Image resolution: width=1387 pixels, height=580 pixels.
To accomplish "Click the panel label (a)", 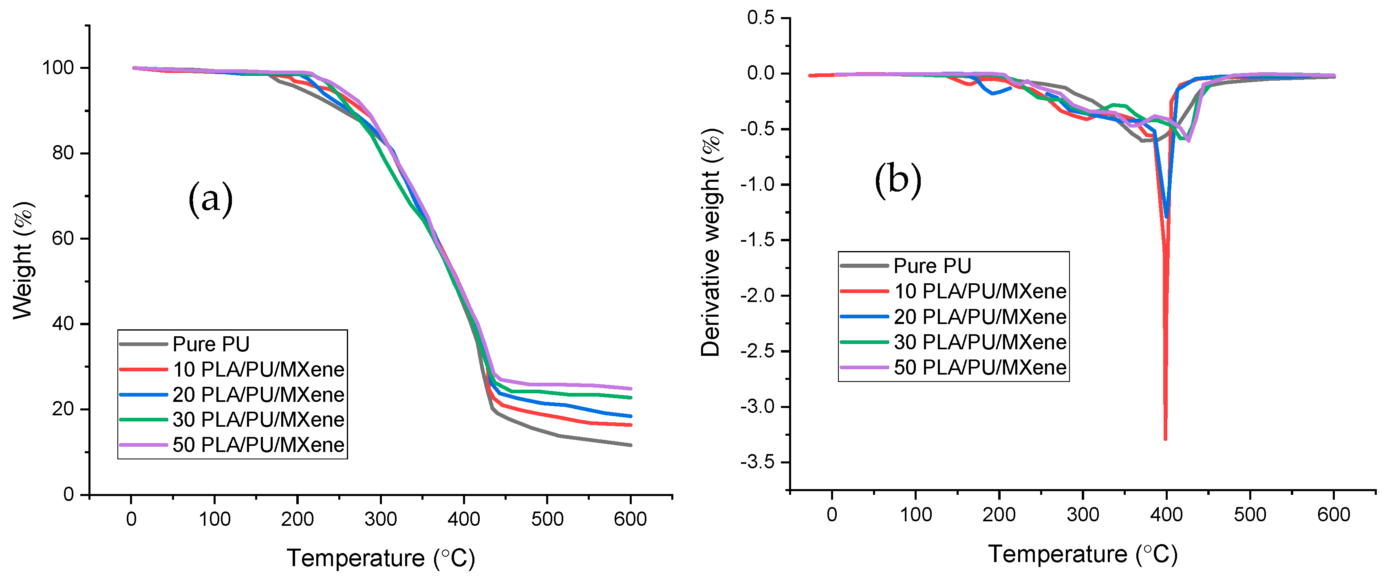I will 211,199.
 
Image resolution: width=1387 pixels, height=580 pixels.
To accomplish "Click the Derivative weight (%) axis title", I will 711,243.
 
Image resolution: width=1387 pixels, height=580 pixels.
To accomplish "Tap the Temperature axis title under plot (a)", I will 381,558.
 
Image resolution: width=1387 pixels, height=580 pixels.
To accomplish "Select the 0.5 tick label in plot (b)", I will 761,18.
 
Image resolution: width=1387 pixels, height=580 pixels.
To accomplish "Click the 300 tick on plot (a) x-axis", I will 381,519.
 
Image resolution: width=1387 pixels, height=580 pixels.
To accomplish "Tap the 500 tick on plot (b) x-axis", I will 1250,515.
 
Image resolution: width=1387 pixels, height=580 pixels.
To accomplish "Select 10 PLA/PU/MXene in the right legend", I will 980,291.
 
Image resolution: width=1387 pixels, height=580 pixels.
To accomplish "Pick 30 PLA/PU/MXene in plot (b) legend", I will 980,342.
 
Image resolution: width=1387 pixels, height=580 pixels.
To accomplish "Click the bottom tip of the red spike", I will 1166,439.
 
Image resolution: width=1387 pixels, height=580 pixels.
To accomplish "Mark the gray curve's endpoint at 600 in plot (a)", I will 631,445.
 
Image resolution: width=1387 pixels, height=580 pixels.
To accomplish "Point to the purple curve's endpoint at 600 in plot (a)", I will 631,388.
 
